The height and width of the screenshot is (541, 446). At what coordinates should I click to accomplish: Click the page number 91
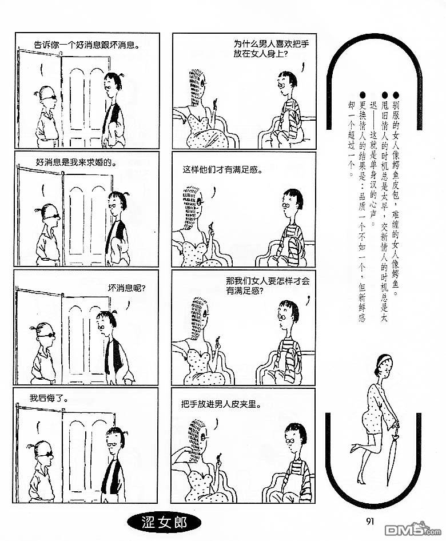click(369, 521)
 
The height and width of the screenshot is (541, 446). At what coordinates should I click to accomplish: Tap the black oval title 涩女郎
click(164, 522)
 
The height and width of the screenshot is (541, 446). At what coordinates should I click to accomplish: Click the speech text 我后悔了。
click(49, 399)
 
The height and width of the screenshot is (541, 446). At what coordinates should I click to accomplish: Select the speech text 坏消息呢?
click(126, 288)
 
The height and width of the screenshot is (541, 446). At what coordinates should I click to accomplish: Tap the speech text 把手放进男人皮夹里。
click(221, 404)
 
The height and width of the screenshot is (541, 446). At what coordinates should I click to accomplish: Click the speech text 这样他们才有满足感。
click(222, 170)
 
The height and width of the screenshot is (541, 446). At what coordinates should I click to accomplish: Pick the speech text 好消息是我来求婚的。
click(76, 162)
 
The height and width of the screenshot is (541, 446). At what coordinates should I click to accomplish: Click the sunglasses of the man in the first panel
click(49, 98)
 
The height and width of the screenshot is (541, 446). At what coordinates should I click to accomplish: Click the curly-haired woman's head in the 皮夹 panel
click(198, 436)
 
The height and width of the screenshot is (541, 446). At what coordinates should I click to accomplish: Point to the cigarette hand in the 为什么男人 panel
click(214, 104)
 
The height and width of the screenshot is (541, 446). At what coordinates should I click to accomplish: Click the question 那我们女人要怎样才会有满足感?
click(268, 286)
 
